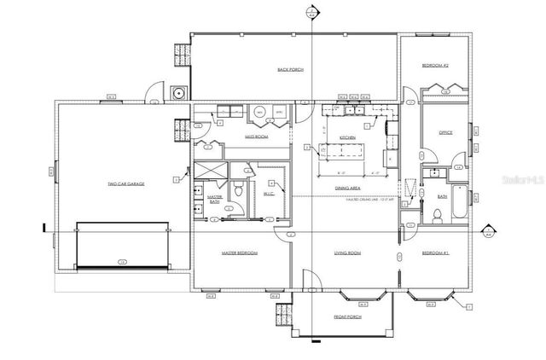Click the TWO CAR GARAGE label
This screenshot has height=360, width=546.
pyautogui.click(x=125, y=184)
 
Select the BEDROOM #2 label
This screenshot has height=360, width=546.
pyautogui.click(x=436, y=66)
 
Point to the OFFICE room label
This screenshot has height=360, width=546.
pyautogui.click(x=444, y=133)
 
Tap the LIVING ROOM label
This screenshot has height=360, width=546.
pyautogui.click(x=346, y=253)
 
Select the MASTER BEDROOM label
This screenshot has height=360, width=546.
pyautogui.click(x=240, y=253)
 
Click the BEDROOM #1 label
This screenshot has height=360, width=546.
pyautogui.click(x=437, y=253)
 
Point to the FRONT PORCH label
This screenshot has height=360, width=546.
pyautogui.click(x=346, y=316)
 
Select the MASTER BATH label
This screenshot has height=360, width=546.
pyautogui.click(x=215, y=200)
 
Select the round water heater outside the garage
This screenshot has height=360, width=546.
pyautogui.click(x=178, y=93)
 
